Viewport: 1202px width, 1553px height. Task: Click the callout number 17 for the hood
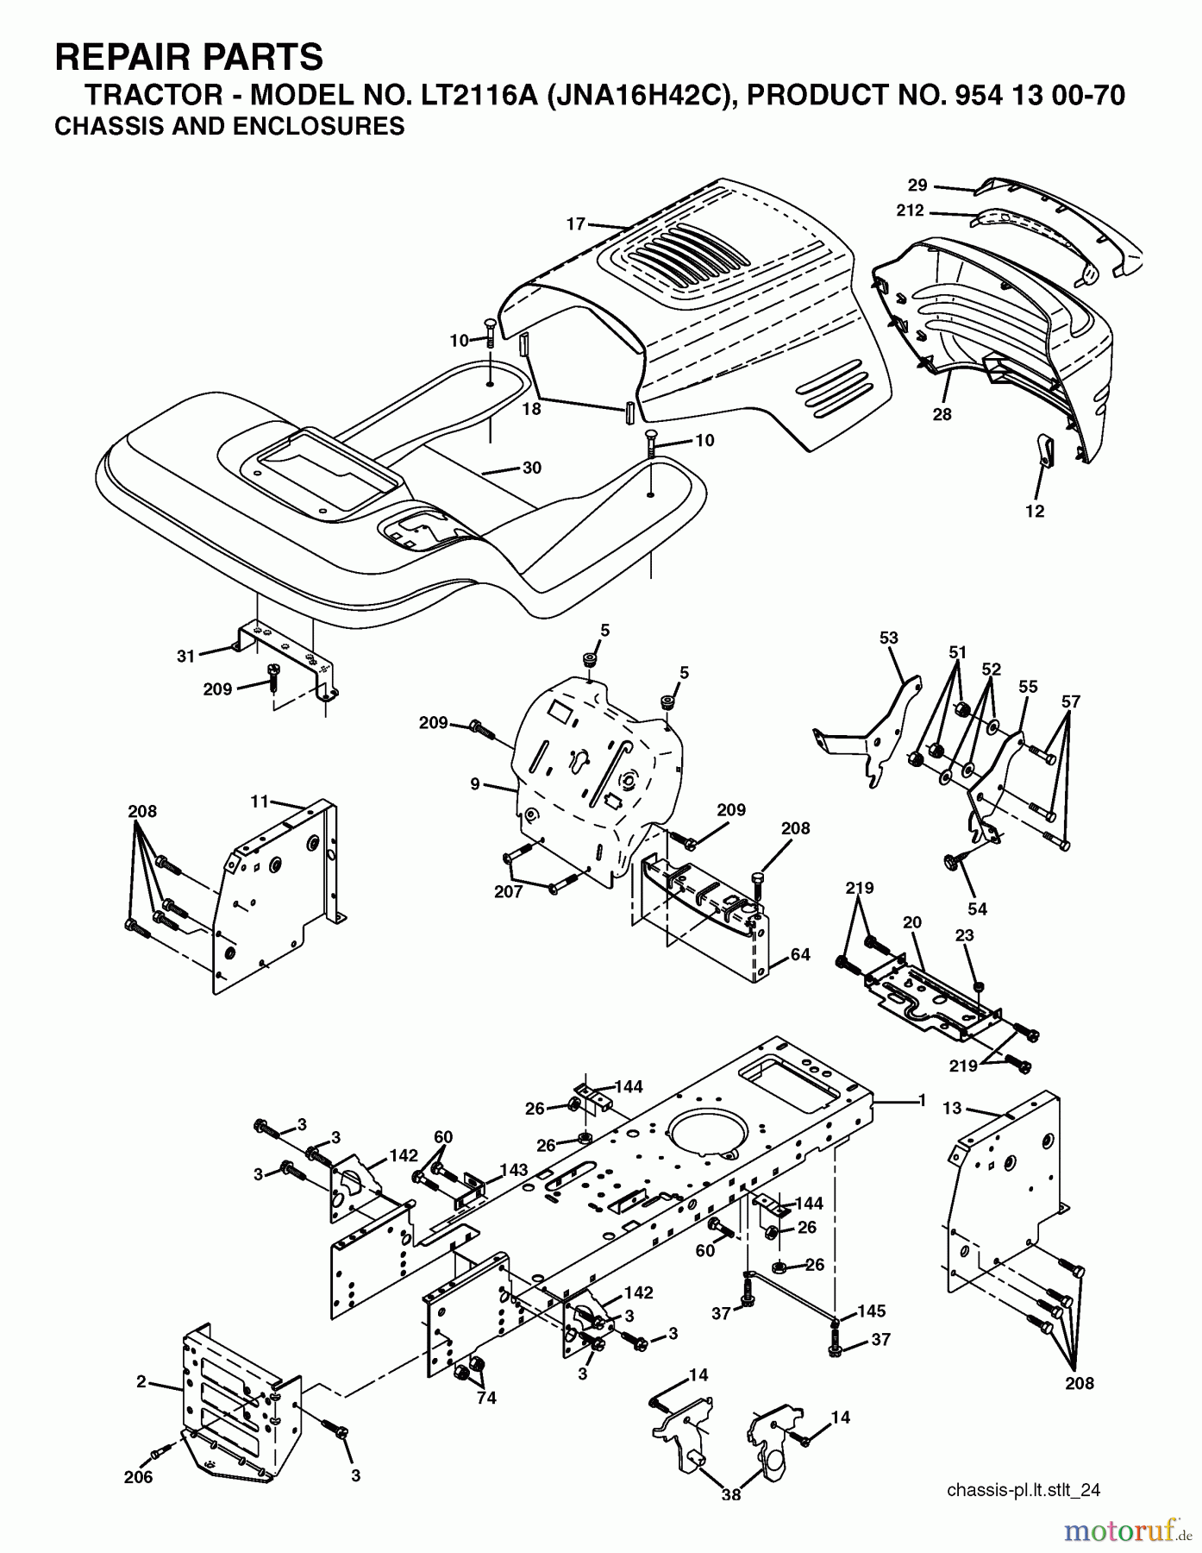(575, 224)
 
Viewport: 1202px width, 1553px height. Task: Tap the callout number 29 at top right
(917, 185)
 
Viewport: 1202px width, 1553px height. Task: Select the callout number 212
(910, 211)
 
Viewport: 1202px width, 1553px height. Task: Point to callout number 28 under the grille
(942, 414)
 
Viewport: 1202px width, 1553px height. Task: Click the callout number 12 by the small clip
(1035, 511)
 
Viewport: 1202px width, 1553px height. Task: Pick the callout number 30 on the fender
(532, 468)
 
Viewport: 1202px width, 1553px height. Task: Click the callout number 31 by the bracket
(186, 656)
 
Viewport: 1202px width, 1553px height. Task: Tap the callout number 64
(800, 956)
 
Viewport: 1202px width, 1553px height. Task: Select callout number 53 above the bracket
(888, 638)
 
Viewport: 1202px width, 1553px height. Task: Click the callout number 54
(977, 909)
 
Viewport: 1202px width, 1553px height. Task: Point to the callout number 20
(912, 922)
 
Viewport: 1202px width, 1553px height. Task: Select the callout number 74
(486, 1398)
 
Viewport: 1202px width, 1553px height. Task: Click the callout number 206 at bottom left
(138, 1477)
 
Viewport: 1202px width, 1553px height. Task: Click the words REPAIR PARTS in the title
(189, 57)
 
